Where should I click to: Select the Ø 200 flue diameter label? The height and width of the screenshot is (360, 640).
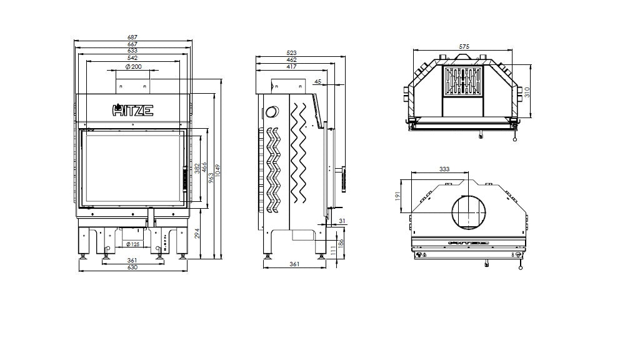click(x=132, y=66)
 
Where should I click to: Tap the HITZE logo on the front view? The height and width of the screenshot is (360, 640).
click(x=132, y=111)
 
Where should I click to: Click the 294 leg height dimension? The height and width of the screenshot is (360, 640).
click(x=199, y=234)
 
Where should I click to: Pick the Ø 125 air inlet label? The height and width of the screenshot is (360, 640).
click(x=132, y=244)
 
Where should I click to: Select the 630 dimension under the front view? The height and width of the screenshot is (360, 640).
click(x=132, y=267)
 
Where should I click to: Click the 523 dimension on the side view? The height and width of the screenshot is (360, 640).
click(x=291, y=53)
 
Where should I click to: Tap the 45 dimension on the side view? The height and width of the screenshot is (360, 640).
click(x=318, y=81)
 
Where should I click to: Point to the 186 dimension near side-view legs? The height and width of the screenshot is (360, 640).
click(x=340, y=243)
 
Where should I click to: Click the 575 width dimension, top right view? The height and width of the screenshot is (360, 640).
click(x=463, y=47)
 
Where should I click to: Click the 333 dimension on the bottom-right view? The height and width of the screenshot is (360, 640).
click(x=444, y=169)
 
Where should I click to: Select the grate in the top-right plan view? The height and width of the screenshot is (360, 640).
click(x=463, y=82)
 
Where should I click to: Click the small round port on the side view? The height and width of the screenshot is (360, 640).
click(x=272, y=112)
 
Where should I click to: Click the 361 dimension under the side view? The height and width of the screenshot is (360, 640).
click(x=294, y=264)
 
